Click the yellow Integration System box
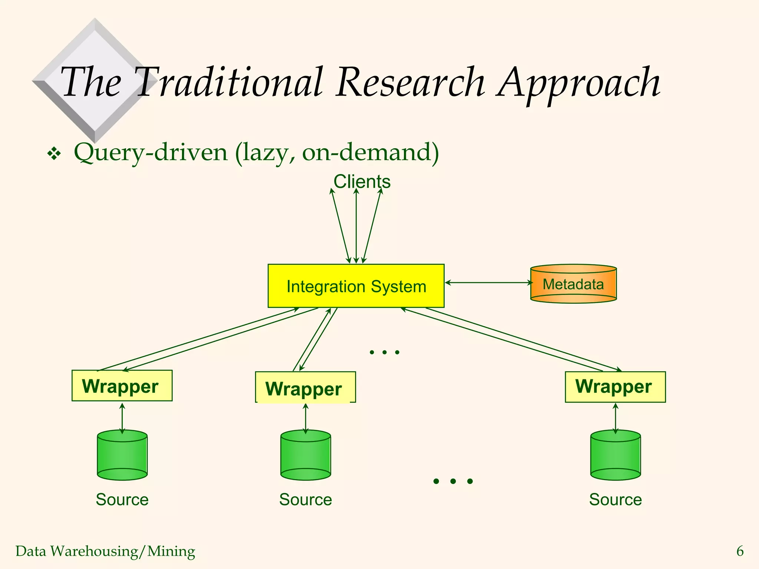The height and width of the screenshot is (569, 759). click(356, 286)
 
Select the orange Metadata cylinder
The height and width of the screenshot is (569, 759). click(573, 284)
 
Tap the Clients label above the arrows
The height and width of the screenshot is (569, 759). click(362, 182)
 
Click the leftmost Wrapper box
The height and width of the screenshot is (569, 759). click(122, 386)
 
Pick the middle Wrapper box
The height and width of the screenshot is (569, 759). click(305, 387)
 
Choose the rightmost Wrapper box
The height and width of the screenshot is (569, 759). click(615, 387)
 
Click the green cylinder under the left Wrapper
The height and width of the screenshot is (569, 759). click(122, 456)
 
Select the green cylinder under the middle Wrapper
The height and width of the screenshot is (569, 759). click(305, 456)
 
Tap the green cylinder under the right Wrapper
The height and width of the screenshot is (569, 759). click(615, 456)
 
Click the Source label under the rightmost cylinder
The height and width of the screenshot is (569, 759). click(615, 499)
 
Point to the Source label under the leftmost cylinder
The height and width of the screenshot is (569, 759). click(122, 499)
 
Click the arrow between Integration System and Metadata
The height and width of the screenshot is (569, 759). click(488, 283)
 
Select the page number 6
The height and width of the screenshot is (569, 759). click(740, 551)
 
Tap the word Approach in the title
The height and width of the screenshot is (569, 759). click(578, 83)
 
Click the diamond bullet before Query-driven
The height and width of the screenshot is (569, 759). click(54, 153)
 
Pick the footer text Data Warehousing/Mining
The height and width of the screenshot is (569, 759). click(105, 551)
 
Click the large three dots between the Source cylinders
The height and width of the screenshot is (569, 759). click(453, 481)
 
